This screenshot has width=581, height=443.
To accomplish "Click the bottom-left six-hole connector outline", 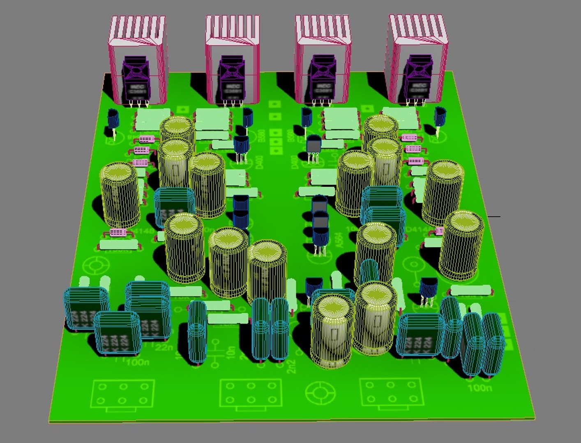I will pos(123,394).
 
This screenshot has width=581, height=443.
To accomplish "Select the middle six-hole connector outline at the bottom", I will pos(251,393).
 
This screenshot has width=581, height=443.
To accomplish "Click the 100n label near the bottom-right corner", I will pos(479,387).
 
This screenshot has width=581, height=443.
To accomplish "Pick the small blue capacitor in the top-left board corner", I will pos(113,119).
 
